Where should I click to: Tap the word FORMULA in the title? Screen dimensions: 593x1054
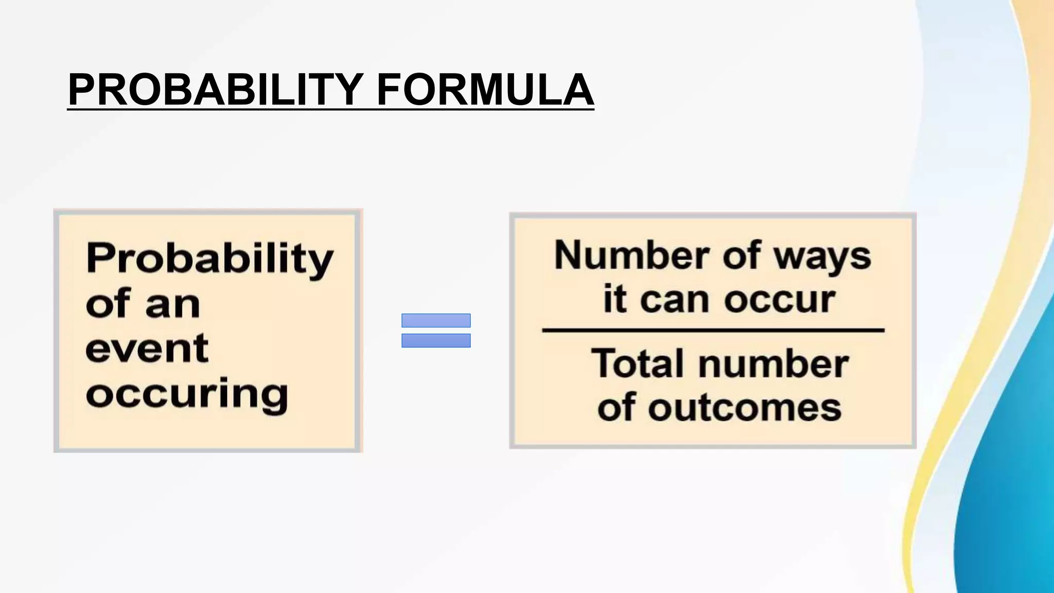point(485,90)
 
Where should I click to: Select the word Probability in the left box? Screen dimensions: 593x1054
point(210,259)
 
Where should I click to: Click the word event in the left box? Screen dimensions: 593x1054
point(147,349)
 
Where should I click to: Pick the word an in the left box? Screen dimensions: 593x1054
point(172,304)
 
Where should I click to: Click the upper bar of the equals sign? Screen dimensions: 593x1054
point(436,320)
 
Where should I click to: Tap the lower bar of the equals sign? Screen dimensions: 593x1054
point(436,340)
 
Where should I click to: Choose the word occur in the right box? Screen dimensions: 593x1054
point(780,300)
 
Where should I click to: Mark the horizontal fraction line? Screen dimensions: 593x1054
point(713,330)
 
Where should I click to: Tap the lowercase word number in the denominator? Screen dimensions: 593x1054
point(774,363)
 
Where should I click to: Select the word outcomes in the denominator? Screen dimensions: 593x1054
point(745,408)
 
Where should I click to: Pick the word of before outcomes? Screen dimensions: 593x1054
point(616,407)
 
